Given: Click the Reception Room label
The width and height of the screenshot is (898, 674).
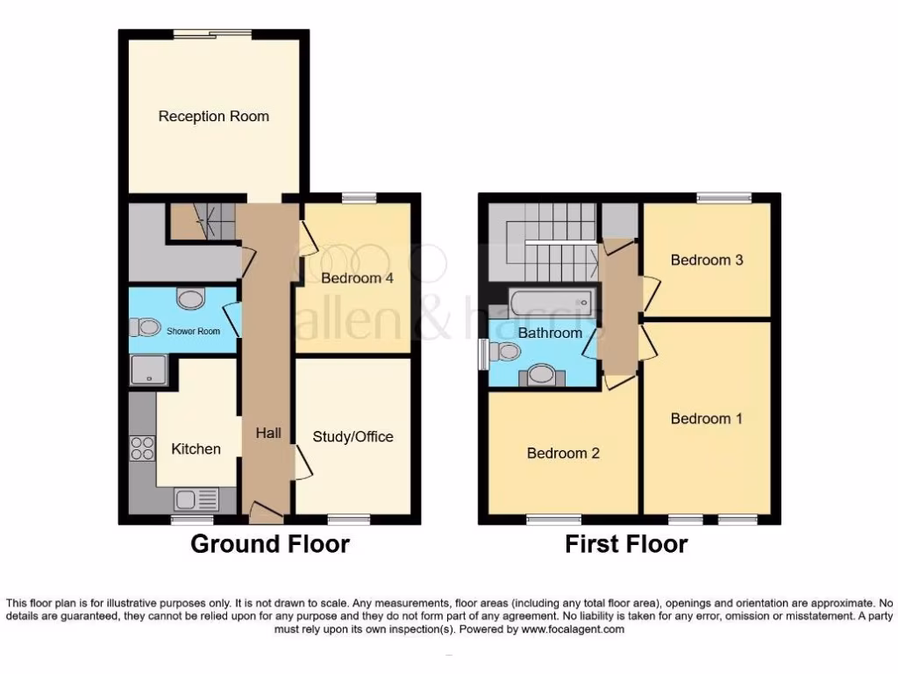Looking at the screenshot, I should pyautogui.click(x=213, y=116).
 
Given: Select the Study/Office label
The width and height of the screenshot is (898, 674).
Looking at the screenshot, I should pyautogui.click(x=353, y=436).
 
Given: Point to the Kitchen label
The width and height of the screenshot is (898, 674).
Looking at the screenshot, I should pyautogui.click(x=196, y=448).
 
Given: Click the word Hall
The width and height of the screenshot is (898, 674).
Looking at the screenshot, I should pyautogui.click(x=268, y=433).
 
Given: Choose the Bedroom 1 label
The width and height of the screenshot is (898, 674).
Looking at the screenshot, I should pyautogui.click(x=706, y=419).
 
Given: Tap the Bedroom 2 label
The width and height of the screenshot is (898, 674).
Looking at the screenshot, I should pyautogui.click(x=563, y=453).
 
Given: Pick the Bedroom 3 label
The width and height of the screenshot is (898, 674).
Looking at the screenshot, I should pyautogui.click(x=707, y=260).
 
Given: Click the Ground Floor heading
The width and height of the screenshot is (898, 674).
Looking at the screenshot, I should pyautogui.click(x=269, y=544).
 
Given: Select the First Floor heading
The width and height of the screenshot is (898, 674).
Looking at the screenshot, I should pyautogui.click(x=625, y=544).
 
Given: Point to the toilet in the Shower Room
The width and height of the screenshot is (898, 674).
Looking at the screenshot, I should pyautogui.click(x=144, y=327).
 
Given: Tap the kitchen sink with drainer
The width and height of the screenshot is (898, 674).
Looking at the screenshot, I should pyautogui.click(x=196, y=500).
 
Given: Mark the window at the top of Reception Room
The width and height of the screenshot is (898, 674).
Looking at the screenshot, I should pyautogui.click(x=212, y=34).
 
